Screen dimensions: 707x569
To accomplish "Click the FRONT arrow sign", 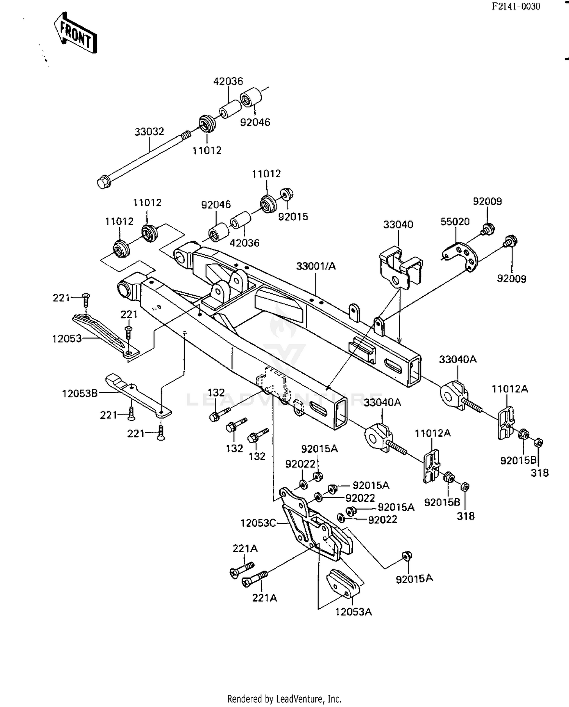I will click(x=75, y=33).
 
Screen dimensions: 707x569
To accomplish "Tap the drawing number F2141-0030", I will click(x=516, y=6).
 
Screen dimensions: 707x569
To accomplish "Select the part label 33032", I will click(x=149, y=132).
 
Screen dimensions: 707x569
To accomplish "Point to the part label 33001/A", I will click(x=316, y=266).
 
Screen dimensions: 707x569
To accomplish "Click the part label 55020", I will click(x=454, y=221).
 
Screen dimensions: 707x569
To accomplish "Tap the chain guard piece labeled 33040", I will click(x=400, y=266).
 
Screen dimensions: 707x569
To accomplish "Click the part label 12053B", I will click(x=80, y=393).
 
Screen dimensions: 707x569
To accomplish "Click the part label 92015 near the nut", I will click(x=293, y=217).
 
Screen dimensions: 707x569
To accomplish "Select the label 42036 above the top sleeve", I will click(x=228, y=81).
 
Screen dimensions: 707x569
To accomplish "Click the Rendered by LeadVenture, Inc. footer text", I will click(x=284, y=699).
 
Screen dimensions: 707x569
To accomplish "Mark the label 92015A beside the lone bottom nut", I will click(x=414, y=579).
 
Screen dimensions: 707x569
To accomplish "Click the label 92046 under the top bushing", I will click(x=255, y=122).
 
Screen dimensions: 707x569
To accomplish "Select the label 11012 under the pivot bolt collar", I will click(x=207, y=150).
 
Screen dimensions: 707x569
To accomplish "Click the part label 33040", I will click(x=398, y=224).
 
